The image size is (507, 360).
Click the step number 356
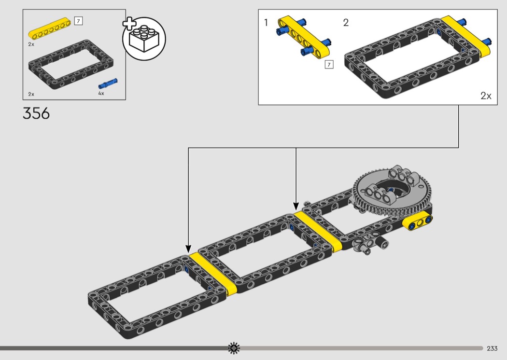click(x=36, y=113)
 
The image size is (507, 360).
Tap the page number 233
click(x=492, y=348)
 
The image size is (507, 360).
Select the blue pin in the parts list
click(x=108, y=83)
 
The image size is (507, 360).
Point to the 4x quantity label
click(x=101, y=94)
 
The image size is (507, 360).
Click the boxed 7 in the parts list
click(x=78, y=21)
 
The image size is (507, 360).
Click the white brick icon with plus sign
click(x=143, y=38)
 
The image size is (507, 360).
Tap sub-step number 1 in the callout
click(x=266, y=23)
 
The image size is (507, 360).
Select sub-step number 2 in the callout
click(x=346, y=23)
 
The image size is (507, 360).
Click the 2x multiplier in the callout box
click(x=486, y=96)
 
